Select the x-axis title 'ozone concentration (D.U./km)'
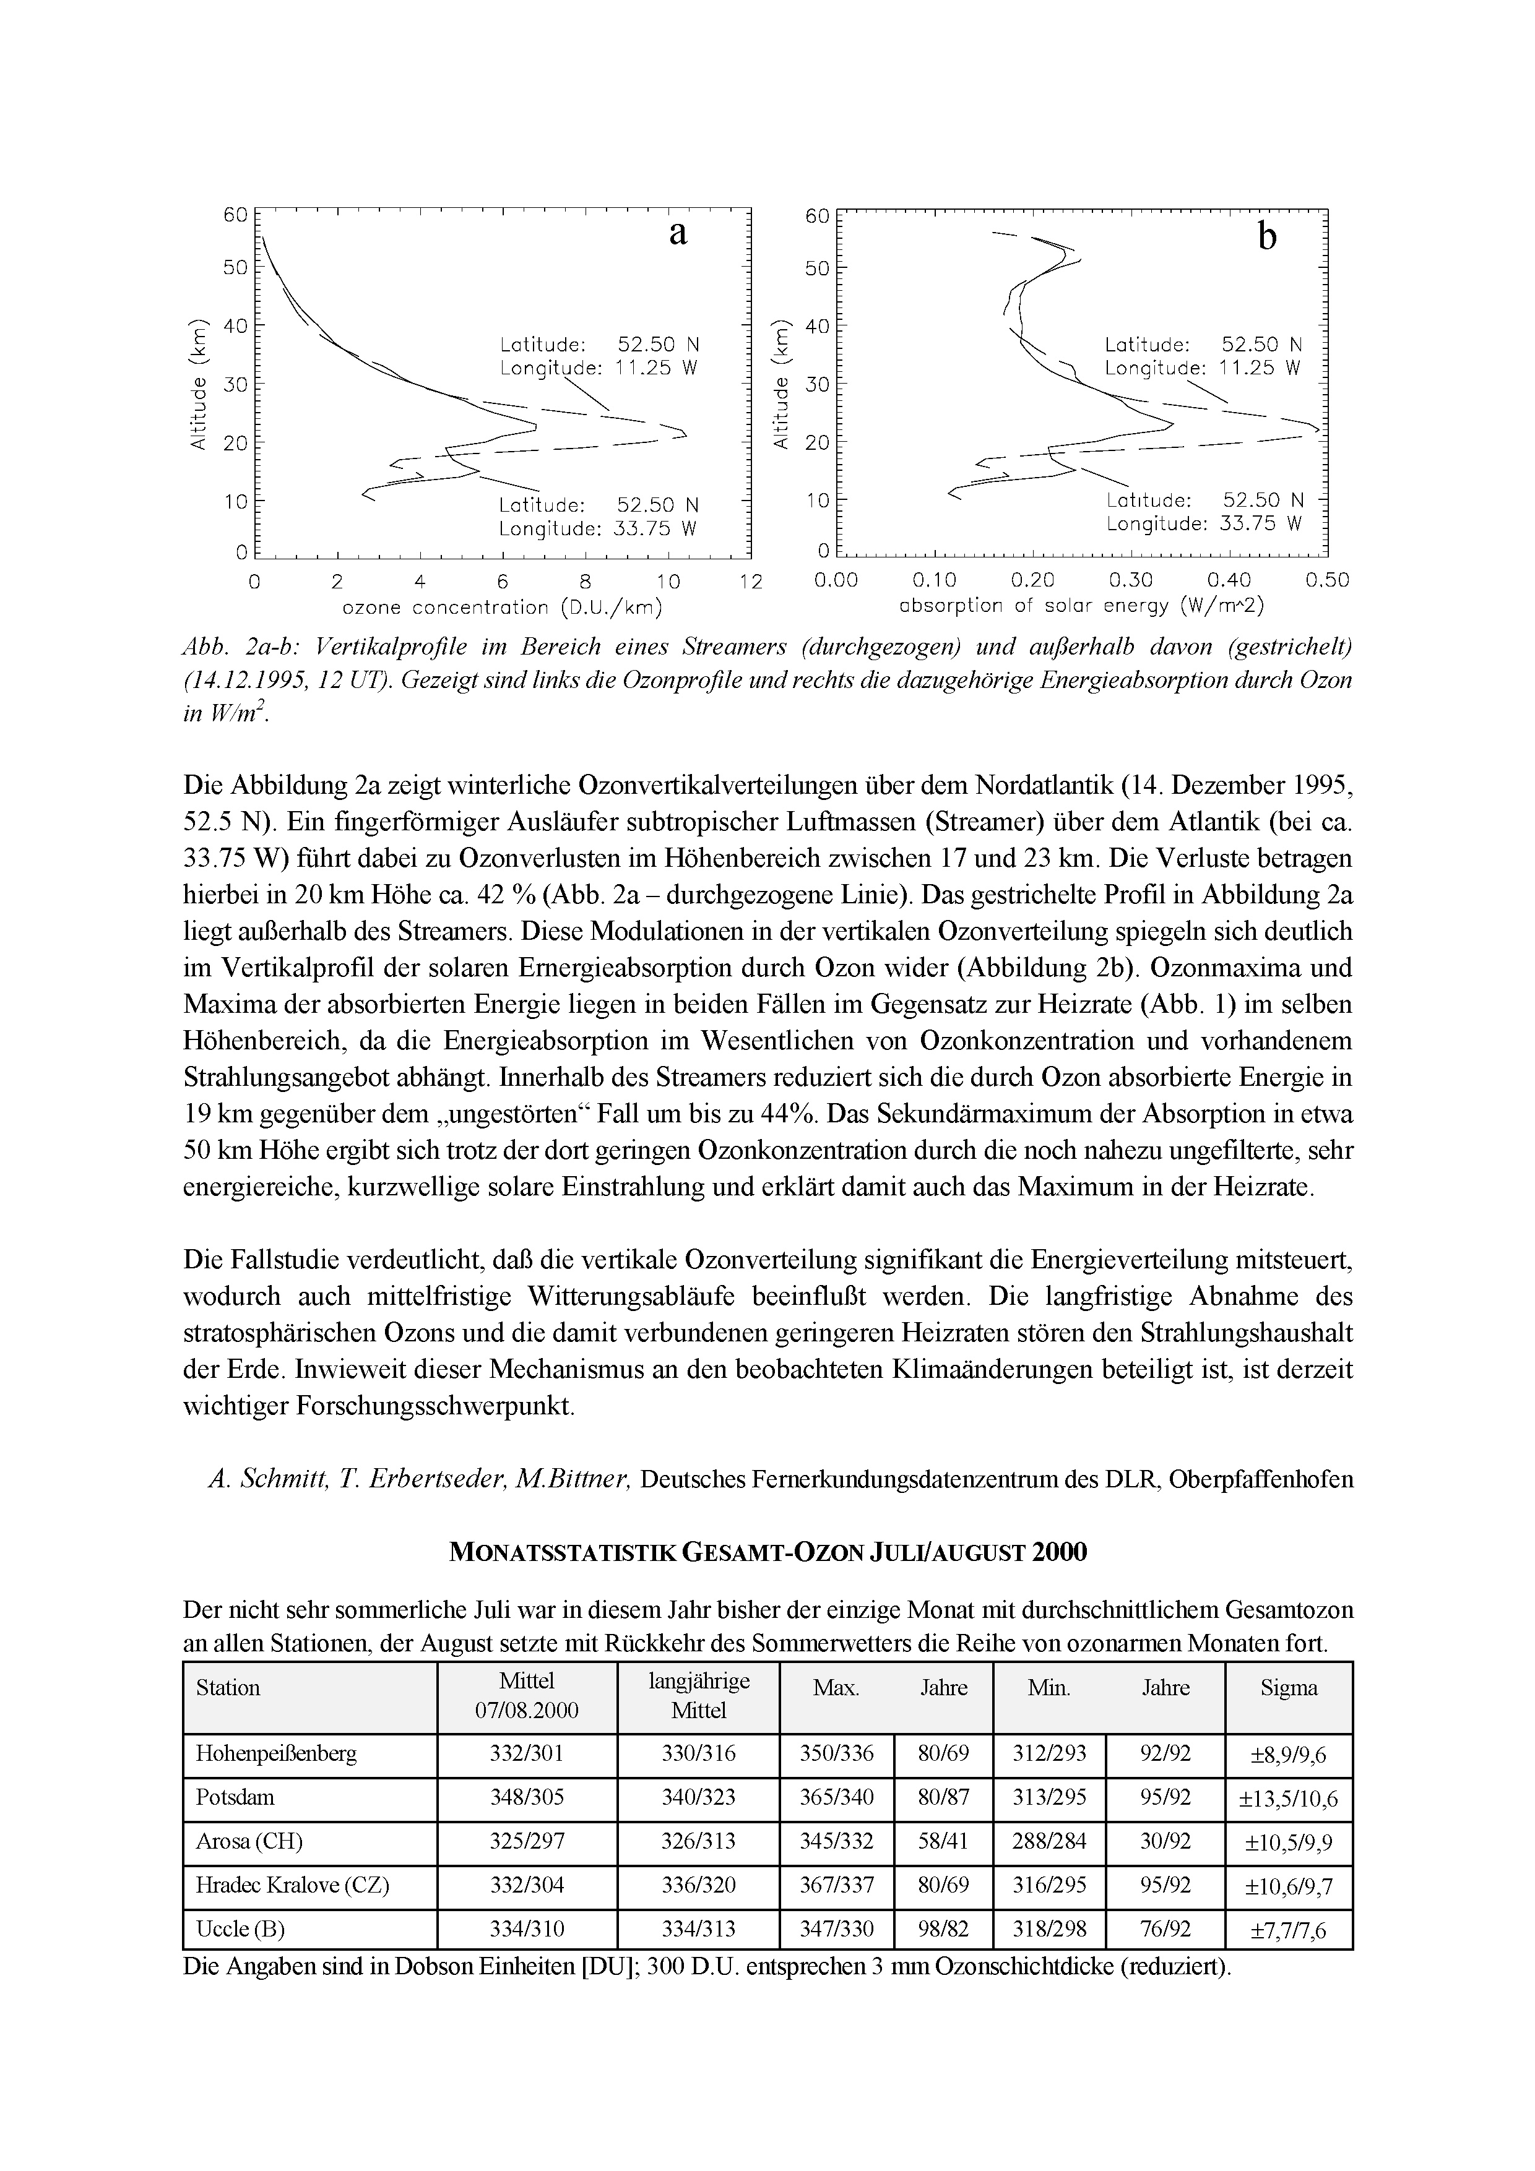coord(501,606)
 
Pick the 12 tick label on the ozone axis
coord(750,582)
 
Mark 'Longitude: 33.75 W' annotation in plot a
coord(598,530)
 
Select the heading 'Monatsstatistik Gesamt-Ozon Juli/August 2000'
coord(767,1552)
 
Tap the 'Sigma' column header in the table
coord(1288,1688)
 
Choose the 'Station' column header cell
coord(228,1688)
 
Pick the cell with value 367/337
coord(836,1885)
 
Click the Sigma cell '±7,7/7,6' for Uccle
coord(1288,1930)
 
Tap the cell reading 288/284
coord(1049,1841)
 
